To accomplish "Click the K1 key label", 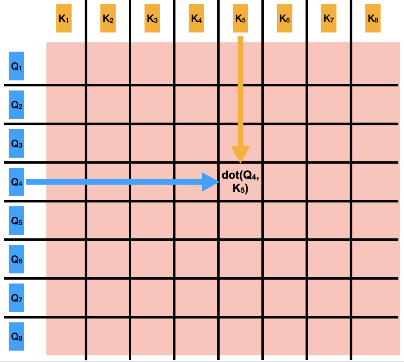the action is click(64, 18).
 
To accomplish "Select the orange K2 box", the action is click(108, 18).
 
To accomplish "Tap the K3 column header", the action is click(152, 18).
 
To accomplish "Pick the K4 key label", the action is click(196, 18).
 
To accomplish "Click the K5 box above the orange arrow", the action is click(241, 18).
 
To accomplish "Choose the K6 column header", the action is click(284, 18).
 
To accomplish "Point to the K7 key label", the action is click(328, 18).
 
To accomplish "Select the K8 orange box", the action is click(373, 18).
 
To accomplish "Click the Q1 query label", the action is click(16, 66).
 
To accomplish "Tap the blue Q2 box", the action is click(16, 105).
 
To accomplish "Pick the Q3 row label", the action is click(16, 143).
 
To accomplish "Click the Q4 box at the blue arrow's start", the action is click(16, 182).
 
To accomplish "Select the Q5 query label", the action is click(16, 220).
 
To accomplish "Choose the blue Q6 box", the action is click(16, 259).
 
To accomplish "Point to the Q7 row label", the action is click(16, 298).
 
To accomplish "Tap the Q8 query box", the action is click(16, 337).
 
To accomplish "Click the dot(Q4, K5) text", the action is click(241, 182).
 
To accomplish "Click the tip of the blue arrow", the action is click(219, 182).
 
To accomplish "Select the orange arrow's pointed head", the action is click(241, 163).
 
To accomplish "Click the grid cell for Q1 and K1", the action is click(66, 63).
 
